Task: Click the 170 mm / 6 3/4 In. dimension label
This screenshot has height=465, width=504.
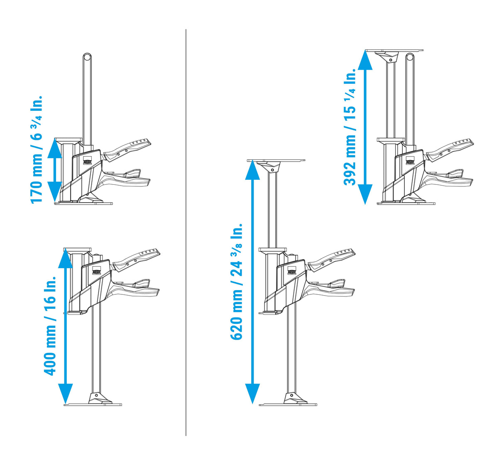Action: click(x=36, y=150)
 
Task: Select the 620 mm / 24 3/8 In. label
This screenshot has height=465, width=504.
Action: click(x=236, y=282)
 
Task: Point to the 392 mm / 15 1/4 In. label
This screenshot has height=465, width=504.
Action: click(x=350, y=127)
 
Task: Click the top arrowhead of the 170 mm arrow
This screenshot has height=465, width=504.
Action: click(x=54, y=147)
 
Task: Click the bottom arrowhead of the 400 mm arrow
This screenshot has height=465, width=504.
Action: click(x=66, y=394)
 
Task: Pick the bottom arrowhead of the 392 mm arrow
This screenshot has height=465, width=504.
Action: click(x=365, y=194)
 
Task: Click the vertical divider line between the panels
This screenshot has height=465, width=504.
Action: click(x=186, y=232)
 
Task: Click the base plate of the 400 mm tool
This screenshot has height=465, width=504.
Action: click(x=93, y=404)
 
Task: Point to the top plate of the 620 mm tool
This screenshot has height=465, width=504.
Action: click(x=276, y=160)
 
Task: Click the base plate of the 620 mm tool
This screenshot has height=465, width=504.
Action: click(x=288, y=404)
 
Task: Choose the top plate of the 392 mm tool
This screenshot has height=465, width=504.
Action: click(x=394, y=50)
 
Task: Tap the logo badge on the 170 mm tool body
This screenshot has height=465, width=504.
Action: click(x=88, y=160)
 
